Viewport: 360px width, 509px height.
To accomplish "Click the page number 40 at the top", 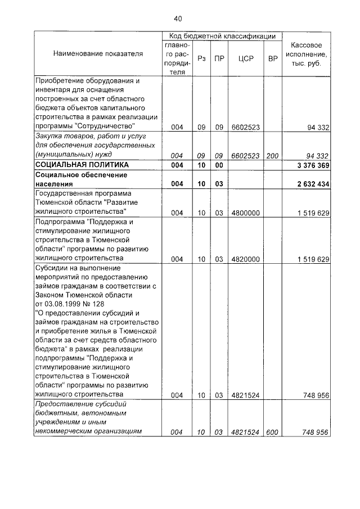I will pyautogui.click(x=178, y=19).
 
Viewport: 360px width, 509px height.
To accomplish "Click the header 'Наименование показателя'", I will pyautogui.click(x=98, y=53).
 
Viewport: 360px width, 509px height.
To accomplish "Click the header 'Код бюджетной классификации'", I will pyautogui.click(x=222, y=36).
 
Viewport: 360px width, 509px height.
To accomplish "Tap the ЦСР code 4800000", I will pyautogui.click(x=245, y=212).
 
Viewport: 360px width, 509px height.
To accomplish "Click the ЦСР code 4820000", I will pyautogui.click(x=245, y=259).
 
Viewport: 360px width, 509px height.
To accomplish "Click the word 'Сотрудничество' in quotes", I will pyautogui.click(x=108, y=127).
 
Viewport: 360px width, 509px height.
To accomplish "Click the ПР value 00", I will pyautogui.click(x=219, y=165).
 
